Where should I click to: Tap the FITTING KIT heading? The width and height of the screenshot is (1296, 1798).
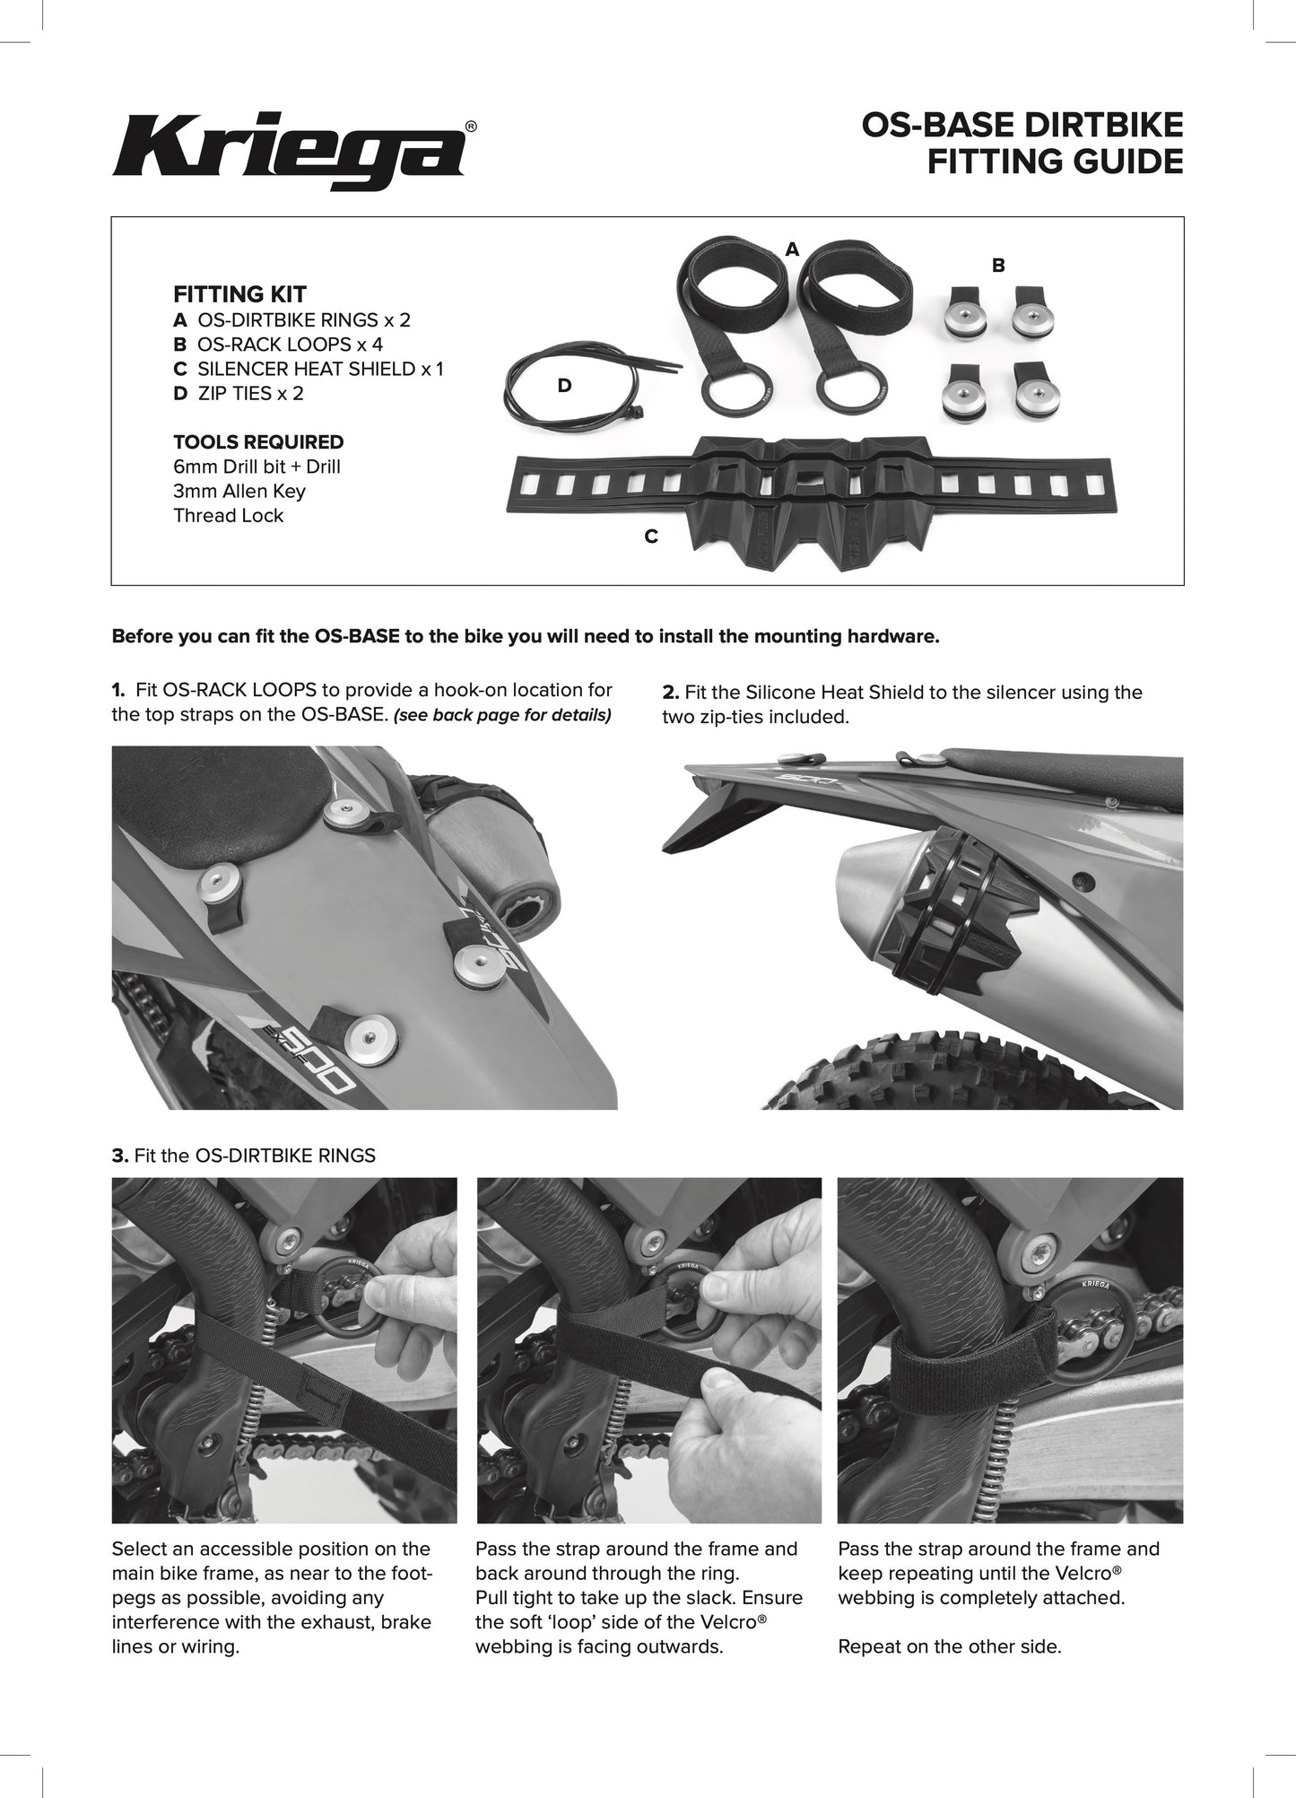click(239, 294)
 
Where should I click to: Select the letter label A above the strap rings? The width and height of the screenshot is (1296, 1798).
click(791, 249)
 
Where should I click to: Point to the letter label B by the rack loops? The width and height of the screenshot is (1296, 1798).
click(998, 266)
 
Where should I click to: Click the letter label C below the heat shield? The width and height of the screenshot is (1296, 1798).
click(651, 537)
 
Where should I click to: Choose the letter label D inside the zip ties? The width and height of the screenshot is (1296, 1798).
click(564, 386)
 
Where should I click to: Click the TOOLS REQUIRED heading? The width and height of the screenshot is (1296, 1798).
click(258, 442)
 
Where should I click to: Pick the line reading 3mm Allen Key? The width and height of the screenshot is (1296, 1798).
click(239, 491)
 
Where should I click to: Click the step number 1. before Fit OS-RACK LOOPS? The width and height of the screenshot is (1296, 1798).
click(118, 690)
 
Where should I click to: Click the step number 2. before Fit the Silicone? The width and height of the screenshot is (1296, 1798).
click(670, 693)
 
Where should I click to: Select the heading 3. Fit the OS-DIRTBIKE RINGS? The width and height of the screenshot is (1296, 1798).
click(243, 1156)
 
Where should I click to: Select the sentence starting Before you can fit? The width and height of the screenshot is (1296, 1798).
click(525, 637)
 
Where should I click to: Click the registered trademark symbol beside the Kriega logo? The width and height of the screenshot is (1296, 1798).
click(471, 127)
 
